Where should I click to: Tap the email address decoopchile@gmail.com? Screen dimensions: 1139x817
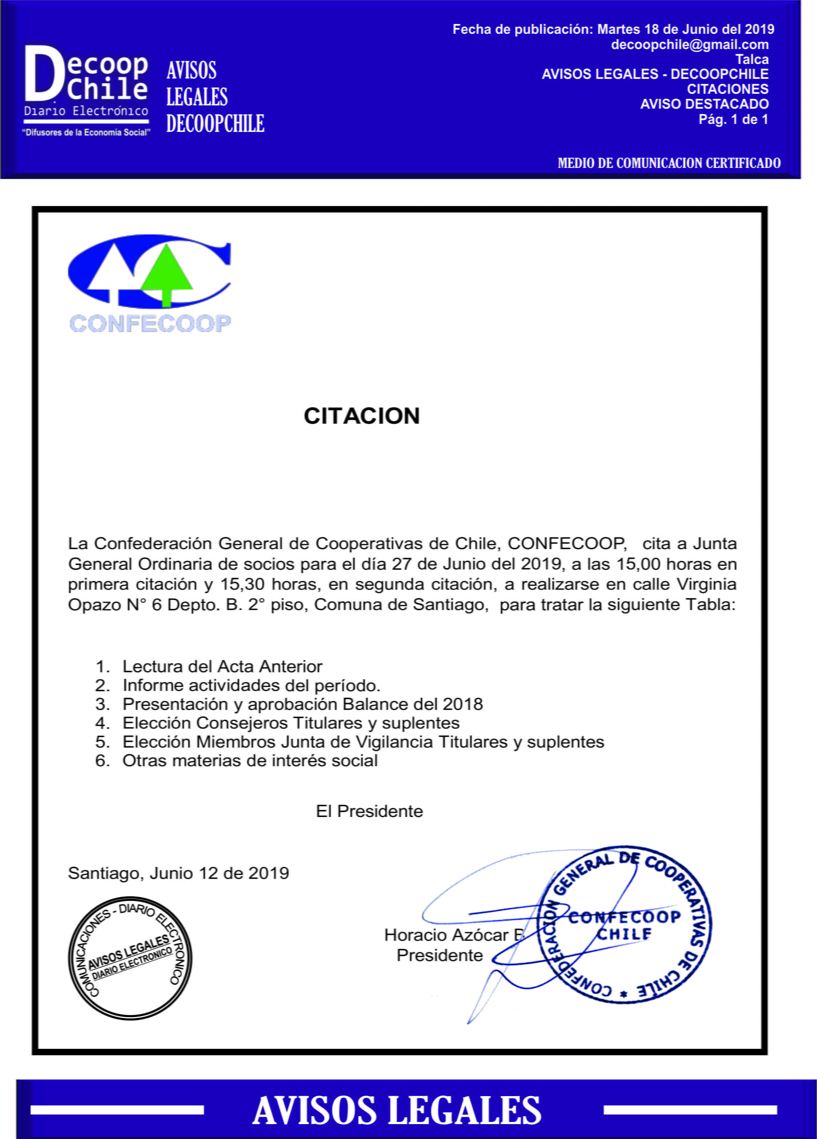click(x=689, y=45)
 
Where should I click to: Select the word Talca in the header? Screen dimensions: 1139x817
click(x=752, y=60)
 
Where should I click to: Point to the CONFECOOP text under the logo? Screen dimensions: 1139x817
click(x=150, y=323)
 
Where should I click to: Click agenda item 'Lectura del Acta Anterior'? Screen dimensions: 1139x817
click(x=222, y=667)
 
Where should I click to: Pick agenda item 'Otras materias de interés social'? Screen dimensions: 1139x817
click(x=250, y=761)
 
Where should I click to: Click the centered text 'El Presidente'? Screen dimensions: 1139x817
click(x=369, y=812)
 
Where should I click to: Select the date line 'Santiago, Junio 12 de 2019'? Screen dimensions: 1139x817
click(x=178, y=873)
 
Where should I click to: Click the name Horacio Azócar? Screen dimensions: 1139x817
click(x=446, y=935)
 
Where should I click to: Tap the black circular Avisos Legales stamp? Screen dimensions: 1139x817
click(x=130, y=958)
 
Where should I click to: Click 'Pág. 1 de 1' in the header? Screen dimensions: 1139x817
click(x=733, y=120)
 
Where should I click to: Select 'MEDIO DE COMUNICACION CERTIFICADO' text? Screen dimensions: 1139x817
click(x=669, y=163)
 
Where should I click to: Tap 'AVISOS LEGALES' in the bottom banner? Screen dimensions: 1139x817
click(x=397, y=1110)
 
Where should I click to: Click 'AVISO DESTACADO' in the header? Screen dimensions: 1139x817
click(x=704, y=104)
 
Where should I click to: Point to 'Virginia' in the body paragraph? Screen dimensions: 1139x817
click(x=707, y=584)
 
